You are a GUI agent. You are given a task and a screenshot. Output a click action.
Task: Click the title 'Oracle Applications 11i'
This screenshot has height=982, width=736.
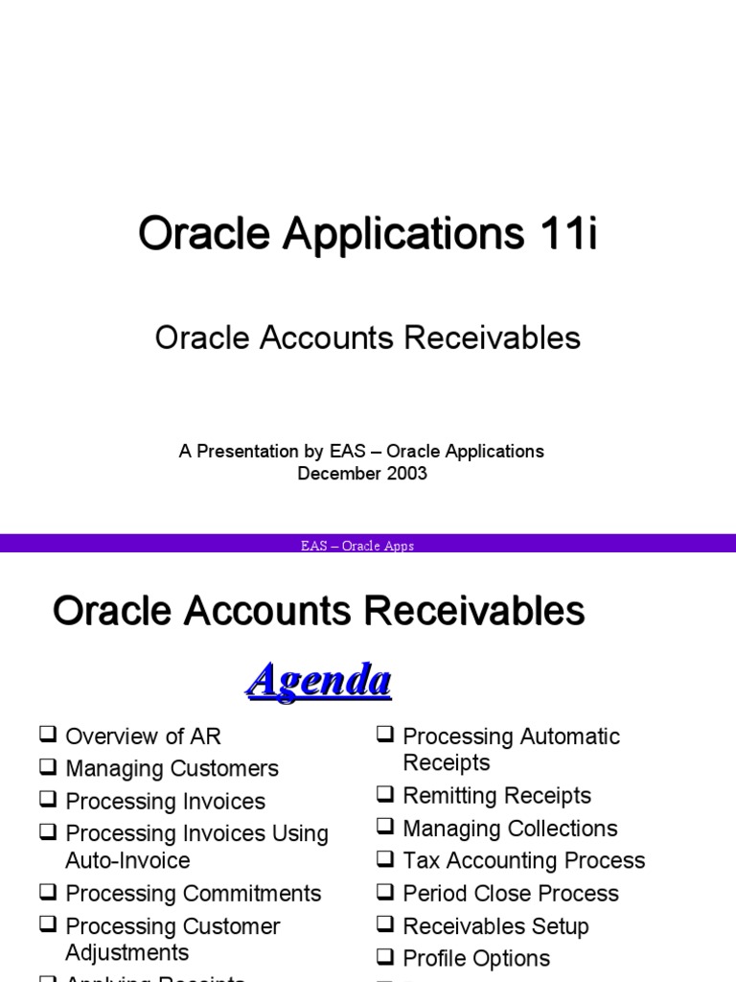(x=367, y=235)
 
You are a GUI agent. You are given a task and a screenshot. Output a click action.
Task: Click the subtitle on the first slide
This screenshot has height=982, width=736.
(x=367, y=338)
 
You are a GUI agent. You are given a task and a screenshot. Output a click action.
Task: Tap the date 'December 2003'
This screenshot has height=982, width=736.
(x=362, y=474)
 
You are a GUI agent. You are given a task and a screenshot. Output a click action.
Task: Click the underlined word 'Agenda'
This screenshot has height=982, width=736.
(x=318, y=682)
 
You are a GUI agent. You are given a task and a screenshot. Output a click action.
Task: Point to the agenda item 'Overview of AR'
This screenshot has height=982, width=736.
(x=143, y=736)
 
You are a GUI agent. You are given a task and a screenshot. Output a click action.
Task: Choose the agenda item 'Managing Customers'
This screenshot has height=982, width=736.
(x=172, y=769)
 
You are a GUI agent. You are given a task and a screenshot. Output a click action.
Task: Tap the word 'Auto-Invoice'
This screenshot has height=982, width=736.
(x=127, y=860)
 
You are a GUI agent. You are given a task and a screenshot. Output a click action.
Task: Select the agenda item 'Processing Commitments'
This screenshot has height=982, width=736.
(x=193, y=894)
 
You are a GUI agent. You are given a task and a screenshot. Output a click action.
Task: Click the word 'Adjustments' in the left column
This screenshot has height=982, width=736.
(x=127, y=952)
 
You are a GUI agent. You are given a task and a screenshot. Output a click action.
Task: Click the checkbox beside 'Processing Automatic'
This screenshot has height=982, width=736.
(x=385, y=736)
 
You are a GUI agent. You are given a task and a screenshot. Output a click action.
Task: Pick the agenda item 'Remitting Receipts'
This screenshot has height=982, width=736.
(x=496, y=796)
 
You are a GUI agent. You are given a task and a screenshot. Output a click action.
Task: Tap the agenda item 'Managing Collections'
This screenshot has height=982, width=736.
(x=510, y=829)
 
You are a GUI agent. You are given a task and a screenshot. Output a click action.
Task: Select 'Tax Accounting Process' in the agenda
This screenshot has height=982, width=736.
(x=523, y=861)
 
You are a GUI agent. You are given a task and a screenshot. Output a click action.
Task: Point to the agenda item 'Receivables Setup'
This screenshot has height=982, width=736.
(x=495, y=926)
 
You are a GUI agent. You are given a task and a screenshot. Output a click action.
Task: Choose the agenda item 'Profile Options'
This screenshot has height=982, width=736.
(x=476, y=959)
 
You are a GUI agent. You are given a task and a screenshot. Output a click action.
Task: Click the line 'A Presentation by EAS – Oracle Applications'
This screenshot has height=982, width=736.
(x=361, y=452)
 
